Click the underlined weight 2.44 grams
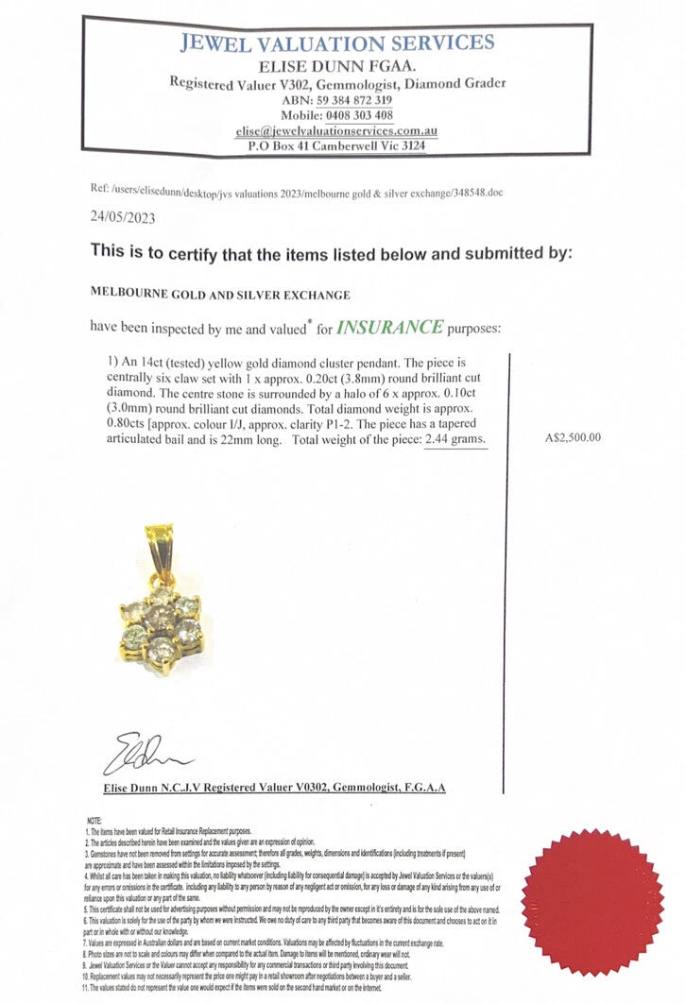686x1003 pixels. coord(456,441)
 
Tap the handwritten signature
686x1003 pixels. coord(151,755)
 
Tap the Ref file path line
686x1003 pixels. coord(297,191)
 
